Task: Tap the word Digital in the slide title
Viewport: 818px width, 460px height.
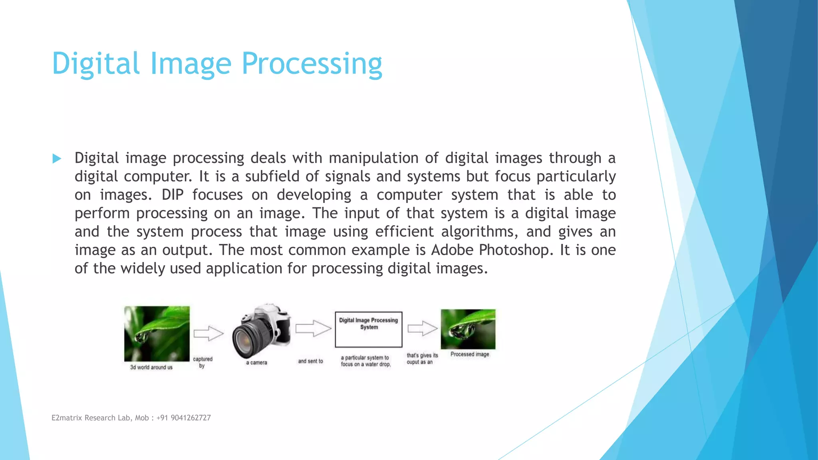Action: [x=96, y=64]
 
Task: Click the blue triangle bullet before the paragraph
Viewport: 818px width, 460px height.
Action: [x=57, y=159]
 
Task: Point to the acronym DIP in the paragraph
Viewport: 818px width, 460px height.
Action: [x=173, y=195]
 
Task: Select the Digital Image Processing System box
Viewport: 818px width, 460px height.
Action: [x=368, y=329]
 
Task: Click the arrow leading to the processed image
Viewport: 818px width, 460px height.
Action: [x=423, y=329]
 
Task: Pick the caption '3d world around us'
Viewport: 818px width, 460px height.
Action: [x=151, y=367]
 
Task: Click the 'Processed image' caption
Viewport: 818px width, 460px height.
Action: [x=470, y=355]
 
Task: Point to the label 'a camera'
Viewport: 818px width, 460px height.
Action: [x=256, y=363]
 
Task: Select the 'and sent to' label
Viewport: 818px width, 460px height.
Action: [x=310, y=361]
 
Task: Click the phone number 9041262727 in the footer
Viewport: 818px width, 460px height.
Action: [x=191, y=418]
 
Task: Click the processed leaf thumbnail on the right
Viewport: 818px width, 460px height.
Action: [x=468, y=329]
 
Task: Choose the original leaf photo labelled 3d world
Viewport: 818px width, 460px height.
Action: [x=157, y=334]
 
